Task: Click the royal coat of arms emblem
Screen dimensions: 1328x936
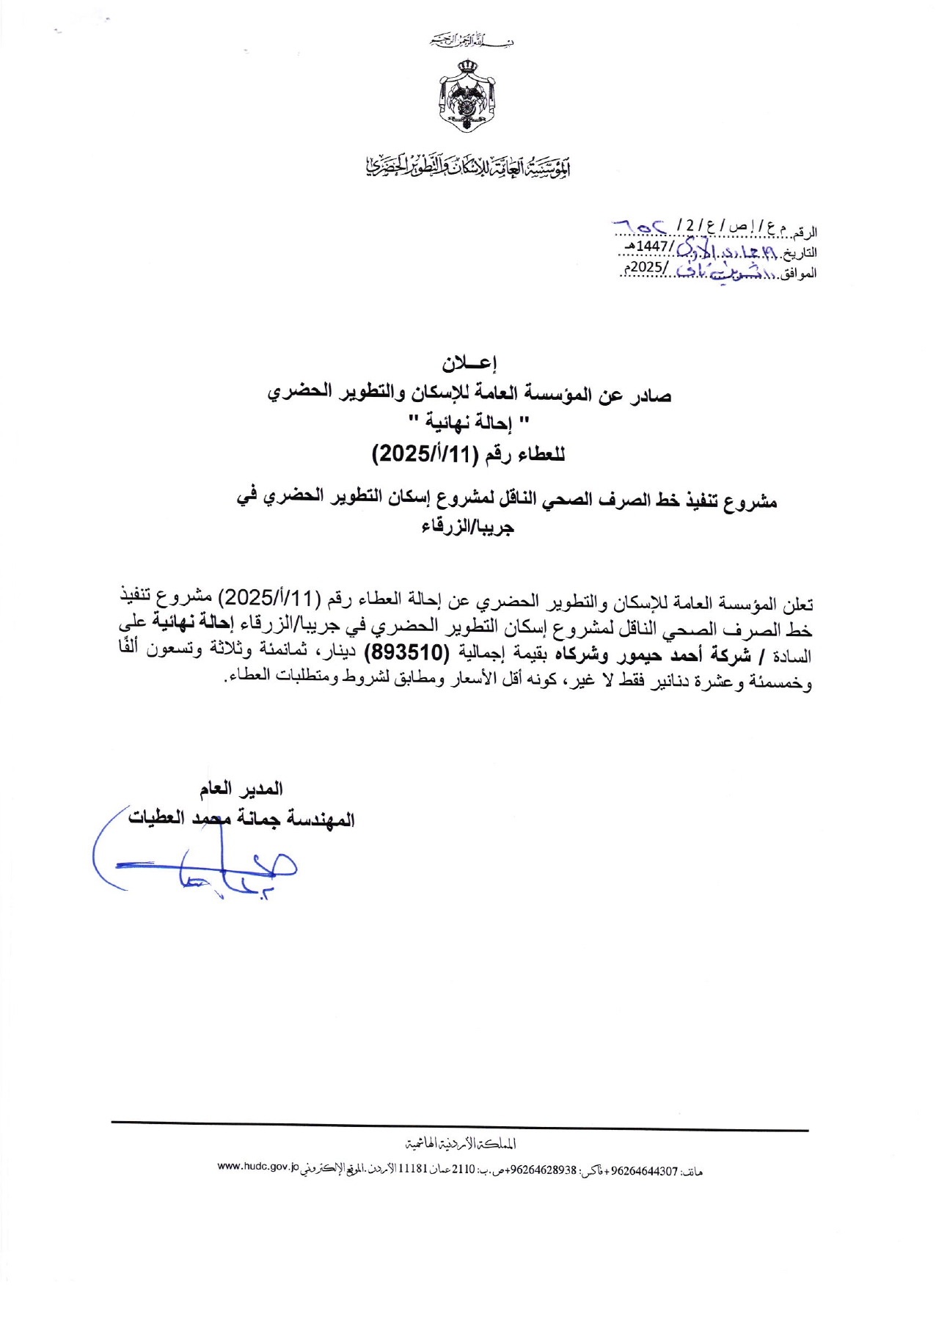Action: pyautogui.click(x=467, y=96)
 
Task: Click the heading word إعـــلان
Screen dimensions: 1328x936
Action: pyautogui.click(x=469, y=362)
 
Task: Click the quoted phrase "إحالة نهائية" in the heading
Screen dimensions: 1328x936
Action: pyautogui.click(x=469, y=423)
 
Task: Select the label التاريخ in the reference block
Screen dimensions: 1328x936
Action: pyautogui.click(x=800, y=253)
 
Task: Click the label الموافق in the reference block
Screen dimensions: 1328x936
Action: pyautogui.click(x=799, y=274)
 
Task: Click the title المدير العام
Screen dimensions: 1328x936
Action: pyautogui.click(x=241, y=789)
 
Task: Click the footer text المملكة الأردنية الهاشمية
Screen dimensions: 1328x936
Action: pyautogui.click(x=461, y=1144)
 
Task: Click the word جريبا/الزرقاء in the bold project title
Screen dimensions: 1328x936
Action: pyautogui.click(x=467, y=528)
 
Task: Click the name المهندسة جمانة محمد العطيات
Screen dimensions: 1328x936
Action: pyautogui.click(x=241, y=819)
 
